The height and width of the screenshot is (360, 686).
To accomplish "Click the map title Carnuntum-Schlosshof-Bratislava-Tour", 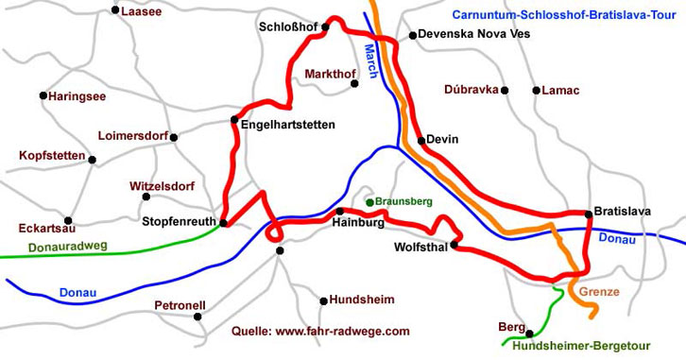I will click(565, 14).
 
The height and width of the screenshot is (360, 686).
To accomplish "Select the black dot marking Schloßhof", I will click(324, 26).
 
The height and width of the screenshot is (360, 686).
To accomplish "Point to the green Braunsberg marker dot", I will click(369, 202).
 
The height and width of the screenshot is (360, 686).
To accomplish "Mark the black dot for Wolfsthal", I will click(454, 245).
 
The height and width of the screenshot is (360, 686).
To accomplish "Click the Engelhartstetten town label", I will click(288, 124).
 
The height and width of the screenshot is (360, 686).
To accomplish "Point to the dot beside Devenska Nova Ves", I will click(412, 36).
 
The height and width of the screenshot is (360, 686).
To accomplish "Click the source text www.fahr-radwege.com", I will click(320, 332).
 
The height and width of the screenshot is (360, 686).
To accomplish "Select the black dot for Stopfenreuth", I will click(223, 223).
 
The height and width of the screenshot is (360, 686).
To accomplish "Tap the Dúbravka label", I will click(471, 89).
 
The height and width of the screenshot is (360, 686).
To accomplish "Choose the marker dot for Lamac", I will click(535, 91).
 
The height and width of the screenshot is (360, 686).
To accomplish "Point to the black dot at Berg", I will click(529, 334).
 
